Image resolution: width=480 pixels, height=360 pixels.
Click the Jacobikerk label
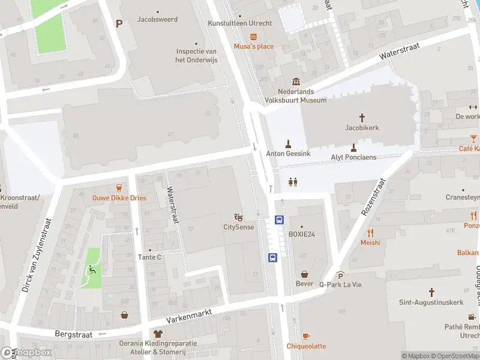coord(362,128)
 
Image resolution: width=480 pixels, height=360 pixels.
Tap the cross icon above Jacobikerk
coord(362,118)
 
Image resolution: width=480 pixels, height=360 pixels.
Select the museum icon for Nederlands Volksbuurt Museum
coord(295,82)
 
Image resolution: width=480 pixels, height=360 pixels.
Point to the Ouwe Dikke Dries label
coord(119,198)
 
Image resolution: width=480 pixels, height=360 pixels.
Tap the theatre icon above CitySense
coord(238,217)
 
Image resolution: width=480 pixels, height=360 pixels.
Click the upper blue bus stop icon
coord(279,220)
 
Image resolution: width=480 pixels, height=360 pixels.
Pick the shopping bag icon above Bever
coord(304,273)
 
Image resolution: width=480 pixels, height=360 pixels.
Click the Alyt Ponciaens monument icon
coord(353,147)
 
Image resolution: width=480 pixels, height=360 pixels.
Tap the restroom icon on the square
coord(293,182)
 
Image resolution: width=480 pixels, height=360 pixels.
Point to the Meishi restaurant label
coord(370,242)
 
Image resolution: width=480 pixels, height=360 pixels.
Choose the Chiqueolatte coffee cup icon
coord(305,335)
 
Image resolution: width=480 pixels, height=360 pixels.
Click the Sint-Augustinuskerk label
coord(431,302)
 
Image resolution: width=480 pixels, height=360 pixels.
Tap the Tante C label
coord(149,257)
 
